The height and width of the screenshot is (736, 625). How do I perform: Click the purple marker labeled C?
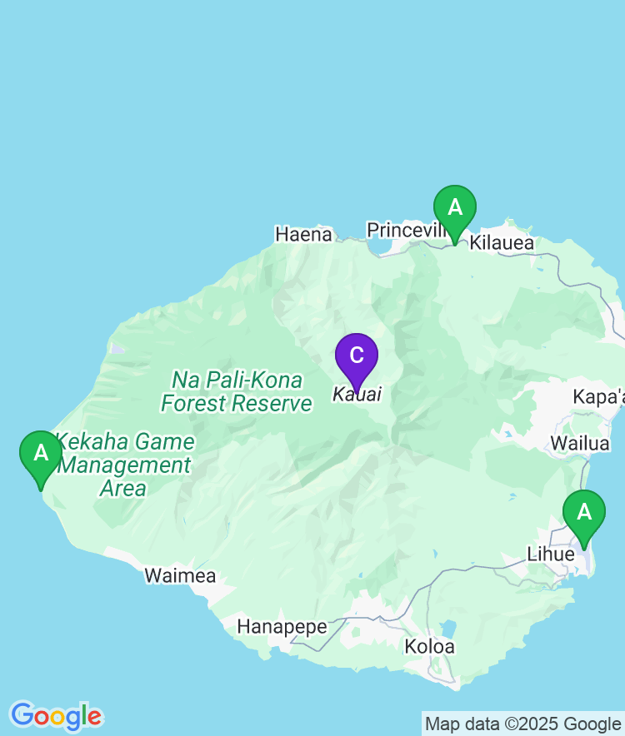coord(357,356)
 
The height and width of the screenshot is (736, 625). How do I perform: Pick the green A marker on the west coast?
coord(41,454)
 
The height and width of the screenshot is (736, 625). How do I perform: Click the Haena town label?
coord(303,235)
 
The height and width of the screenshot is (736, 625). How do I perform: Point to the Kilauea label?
coord(502,243)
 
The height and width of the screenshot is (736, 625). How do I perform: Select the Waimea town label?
coord(180,575)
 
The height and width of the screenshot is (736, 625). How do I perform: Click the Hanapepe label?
coord(282,627)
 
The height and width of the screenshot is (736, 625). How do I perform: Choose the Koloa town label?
coord(430,646)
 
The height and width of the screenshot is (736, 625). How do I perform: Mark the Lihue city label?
coord(551,554)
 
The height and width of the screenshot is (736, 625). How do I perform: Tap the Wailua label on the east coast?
coord(579,444)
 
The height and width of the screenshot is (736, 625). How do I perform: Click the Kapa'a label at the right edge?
coord(598,397)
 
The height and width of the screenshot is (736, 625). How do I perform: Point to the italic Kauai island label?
coord(357,395)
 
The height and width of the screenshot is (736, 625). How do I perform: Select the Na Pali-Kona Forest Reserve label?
coord(237,392)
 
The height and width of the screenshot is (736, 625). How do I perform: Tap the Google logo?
coord(56,716)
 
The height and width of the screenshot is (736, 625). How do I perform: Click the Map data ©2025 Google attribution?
coord(523,724)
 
